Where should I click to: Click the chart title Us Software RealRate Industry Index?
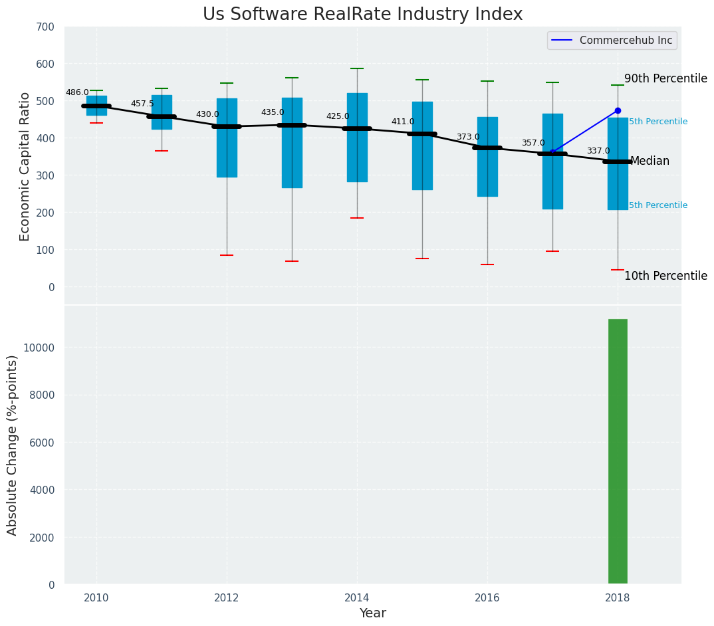[x=362, y=15]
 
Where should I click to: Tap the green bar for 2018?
[x=618, y=451]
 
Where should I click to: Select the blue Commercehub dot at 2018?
[x=618, y=110]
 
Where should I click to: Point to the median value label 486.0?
[x=77, y=92]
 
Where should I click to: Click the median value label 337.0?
[x=598, y=151]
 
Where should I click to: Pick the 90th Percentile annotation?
[x=665, y=78]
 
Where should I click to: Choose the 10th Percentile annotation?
[x=665, y=276]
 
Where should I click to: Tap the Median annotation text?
[x=650, y=161]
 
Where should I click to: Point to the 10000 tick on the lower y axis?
[x=40, y=348]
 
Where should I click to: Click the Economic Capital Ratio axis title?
[x=25, y=166]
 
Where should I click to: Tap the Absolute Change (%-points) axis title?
[x=13, y=445]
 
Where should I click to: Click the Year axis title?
[x=372, y=613]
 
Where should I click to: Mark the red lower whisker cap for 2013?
[x=292, y=261]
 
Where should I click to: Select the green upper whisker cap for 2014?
[x=357, y=68]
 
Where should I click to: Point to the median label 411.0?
[x=403, y=122]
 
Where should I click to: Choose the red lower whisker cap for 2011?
[x=162, y=151]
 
